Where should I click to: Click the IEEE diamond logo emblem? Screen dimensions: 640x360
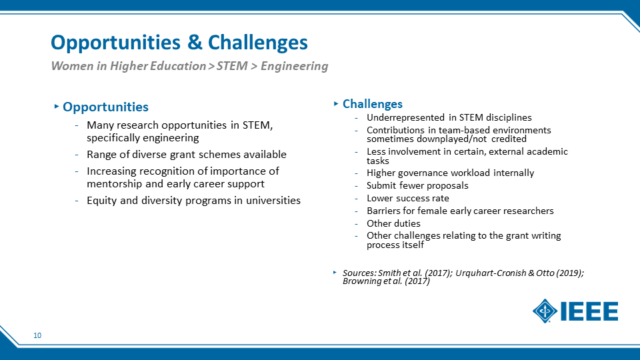545,311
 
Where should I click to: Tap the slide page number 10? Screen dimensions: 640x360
37,335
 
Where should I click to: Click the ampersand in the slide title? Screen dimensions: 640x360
195,42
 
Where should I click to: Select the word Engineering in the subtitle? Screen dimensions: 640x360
294,66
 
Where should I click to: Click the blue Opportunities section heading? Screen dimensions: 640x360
105,107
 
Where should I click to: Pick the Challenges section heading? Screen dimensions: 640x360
372,104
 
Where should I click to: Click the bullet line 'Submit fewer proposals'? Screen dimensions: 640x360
417,186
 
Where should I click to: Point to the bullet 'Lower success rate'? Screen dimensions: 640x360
408,199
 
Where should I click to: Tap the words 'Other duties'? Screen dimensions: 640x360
393,224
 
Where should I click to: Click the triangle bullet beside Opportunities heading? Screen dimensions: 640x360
57,107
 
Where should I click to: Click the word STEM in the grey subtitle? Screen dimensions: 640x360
232,66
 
